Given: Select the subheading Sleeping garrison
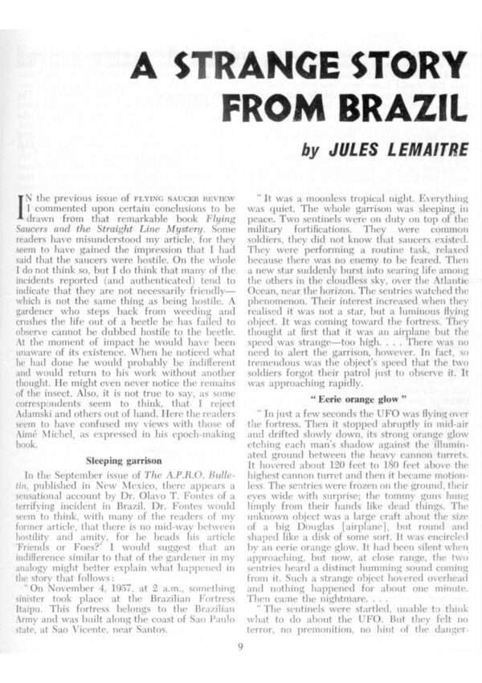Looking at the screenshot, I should pyautogui.click(x=119, y=460).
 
